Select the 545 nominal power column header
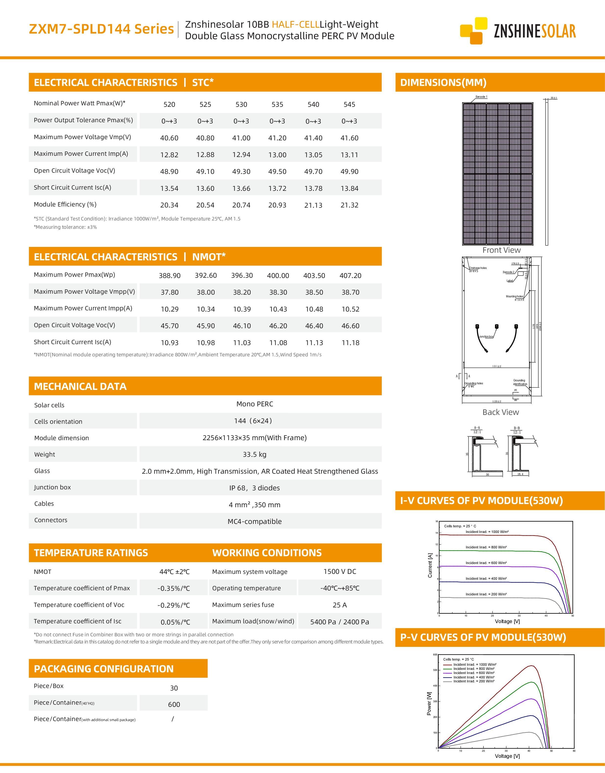(x=349, y=104)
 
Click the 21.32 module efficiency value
(x=349, y=205)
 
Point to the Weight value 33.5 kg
(x=254, y=454)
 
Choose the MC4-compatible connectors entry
(x=254, y=521)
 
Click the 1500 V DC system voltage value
(x=340, y=571)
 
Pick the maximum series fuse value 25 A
(x=340, y=605)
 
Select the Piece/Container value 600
(x=174, y=704)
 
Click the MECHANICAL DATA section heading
(x=80, y=386)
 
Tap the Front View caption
(x=501, y=250)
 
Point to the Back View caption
(x=501, y=412)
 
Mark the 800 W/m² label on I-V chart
(x=486, y=547)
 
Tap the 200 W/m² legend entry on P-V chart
(x=474, y=681)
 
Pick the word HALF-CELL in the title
(x=296, y=24)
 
